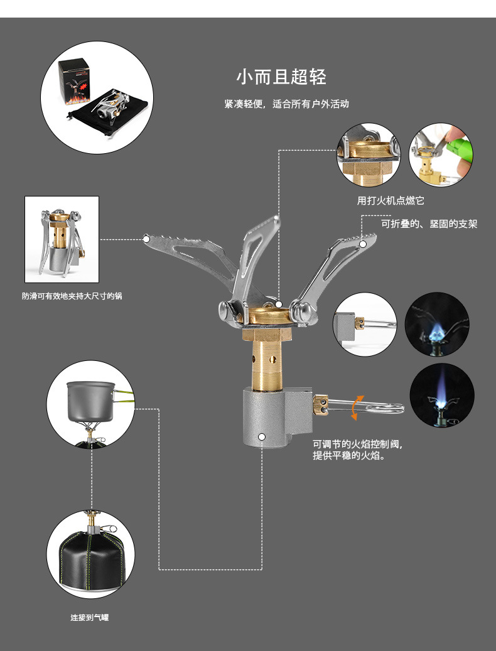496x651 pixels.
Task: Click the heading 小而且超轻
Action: click(281, 77)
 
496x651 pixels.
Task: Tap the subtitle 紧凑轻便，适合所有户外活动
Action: click(286, 104)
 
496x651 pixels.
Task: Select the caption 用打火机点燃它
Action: click(391, 201)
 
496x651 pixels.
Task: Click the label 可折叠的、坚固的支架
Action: click(429, 223)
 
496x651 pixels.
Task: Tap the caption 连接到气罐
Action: click(89, 618)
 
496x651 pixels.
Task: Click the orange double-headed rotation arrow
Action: click(357, 406)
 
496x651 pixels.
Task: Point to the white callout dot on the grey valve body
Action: click(262, 436)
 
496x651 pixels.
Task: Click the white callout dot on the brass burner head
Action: click(278, 304)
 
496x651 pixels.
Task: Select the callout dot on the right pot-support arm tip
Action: click(363, 242)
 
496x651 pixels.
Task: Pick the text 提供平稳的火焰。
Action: click(348, 456)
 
